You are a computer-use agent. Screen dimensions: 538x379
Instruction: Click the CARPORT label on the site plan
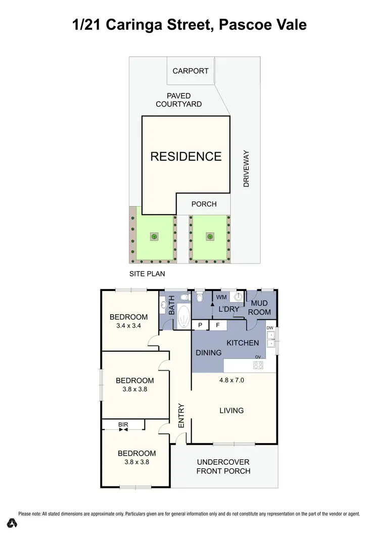click(191, 71)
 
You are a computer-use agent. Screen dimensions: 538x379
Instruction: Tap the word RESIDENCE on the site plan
click(186, 156)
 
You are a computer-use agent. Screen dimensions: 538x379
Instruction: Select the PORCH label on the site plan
click(204, 204)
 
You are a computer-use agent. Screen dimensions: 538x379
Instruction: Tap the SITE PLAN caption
click(147, 274)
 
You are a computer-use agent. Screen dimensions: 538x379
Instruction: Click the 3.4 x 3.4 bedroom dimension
click(129, 326)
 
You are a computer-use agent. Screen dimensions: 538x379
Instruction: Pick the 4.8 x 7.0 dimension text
click(232, 380)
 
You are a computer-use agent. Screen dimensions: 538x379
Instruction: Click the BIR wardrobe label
click(123, 425)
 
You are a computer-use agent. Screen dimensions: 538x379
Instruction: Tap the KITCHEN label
click(243, 343)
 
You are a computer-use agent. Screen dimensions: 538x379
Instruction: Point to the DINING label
click(208, 353)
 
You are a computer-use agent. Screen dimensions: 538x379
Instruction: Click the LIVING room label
click(231, 410)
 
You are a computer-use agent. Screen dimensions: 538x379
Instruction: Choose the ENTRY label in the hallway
click(181, 416)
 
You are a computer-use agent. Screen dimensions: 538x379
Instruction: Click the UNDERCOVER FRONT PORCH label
click(223, 466)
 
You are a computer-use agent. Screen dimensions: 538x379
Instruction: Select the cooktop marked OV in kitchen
click(258, 365)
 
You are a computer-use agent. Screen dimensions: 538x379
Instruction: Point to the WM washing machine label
click(221, 297)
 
